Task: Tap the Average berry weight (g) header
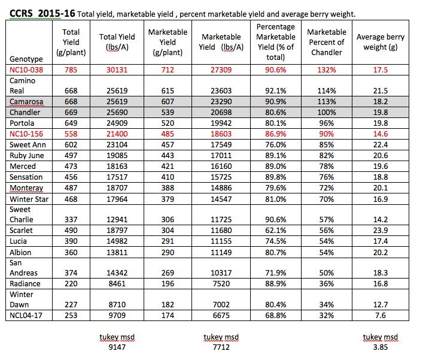[x=380, y=42]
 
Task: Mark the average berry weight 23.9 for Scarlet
[x=380, y=231]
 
